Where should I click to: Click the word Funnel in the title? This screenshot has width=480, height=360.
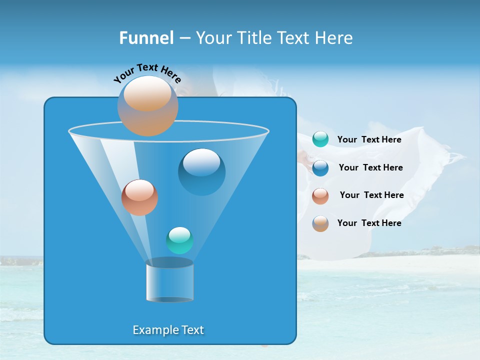(x=146, y=38)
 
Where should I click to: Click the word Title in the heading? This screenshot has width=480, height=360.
(x=254, y=38)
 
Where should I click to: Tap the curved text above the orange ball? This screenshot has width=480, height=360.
(x=147, y=73)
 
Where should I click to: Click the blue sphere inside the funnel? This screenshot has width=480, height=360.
(x=201, y=172)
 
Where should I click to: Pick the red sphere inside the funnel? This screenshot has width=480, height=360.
(x=139, y=197)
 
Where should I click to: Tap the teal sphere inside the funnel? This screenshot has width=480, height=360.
(x=179, y=240)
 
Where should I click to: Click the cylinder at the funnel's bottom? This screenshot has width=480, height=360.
(x=169, y=280)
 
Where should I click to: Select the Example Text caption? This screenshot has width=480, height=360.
(x=168, y=330)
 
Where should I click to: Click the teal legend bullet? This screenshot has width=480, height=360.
(x=320, y=139)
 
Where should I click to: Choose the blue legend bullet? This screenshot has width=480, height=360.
(x=320, y=167)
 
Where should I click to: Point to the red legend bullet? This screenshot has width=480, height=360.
(x=320, y=195)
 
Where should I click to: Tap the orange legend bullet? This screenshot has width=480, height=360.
(x=320, y=223)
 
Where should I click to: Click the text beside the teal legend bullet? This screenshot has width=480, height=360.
(x=369, y=140)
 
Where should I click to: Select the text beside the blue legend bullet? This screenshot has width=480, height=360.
(x=370, y=167)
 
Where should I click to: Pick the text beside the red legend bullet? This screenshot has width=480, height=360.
(x=371, y=195)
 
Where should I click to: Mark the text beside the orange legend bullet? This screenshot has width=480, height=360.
(x=369, y=223)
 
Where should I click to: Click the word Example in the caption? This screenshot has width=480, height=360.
(x=151, y=330)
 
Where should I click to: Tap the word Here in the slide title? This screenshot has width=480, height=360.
(x=332, y=38)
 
